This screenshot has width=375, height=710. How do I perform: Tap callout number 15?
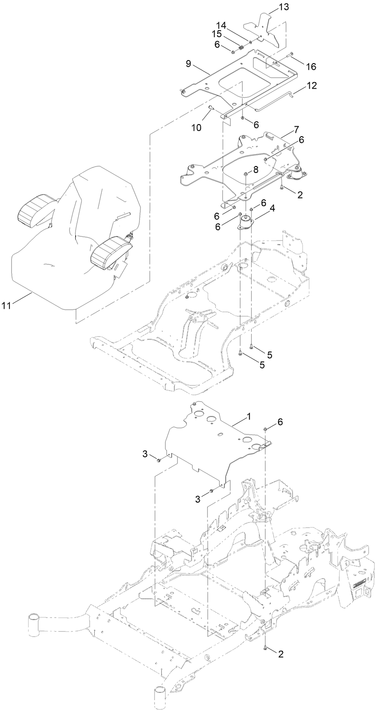(229, 34)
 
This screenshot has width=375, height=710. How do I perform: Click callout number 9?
(188, 63)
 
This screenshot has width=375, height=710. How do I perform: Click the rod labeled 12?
(272, 99)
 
